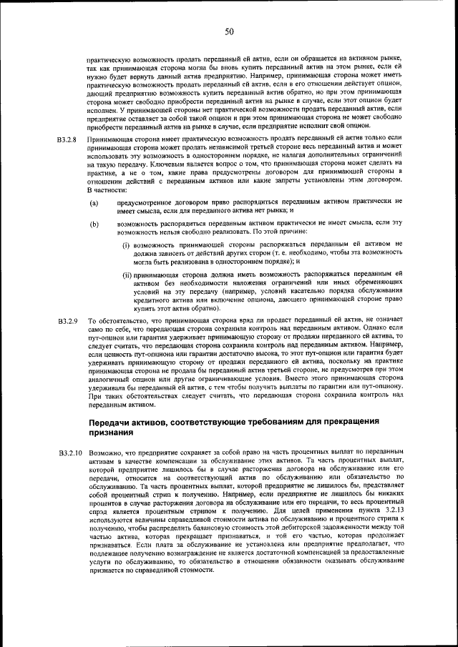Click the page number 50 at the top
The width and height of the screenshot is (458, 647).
click(229, 31)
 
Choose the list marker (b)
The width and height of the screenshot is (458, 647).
click(94, 224)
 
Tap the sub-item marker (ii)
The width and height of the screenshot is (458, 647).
click(127, 274)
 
